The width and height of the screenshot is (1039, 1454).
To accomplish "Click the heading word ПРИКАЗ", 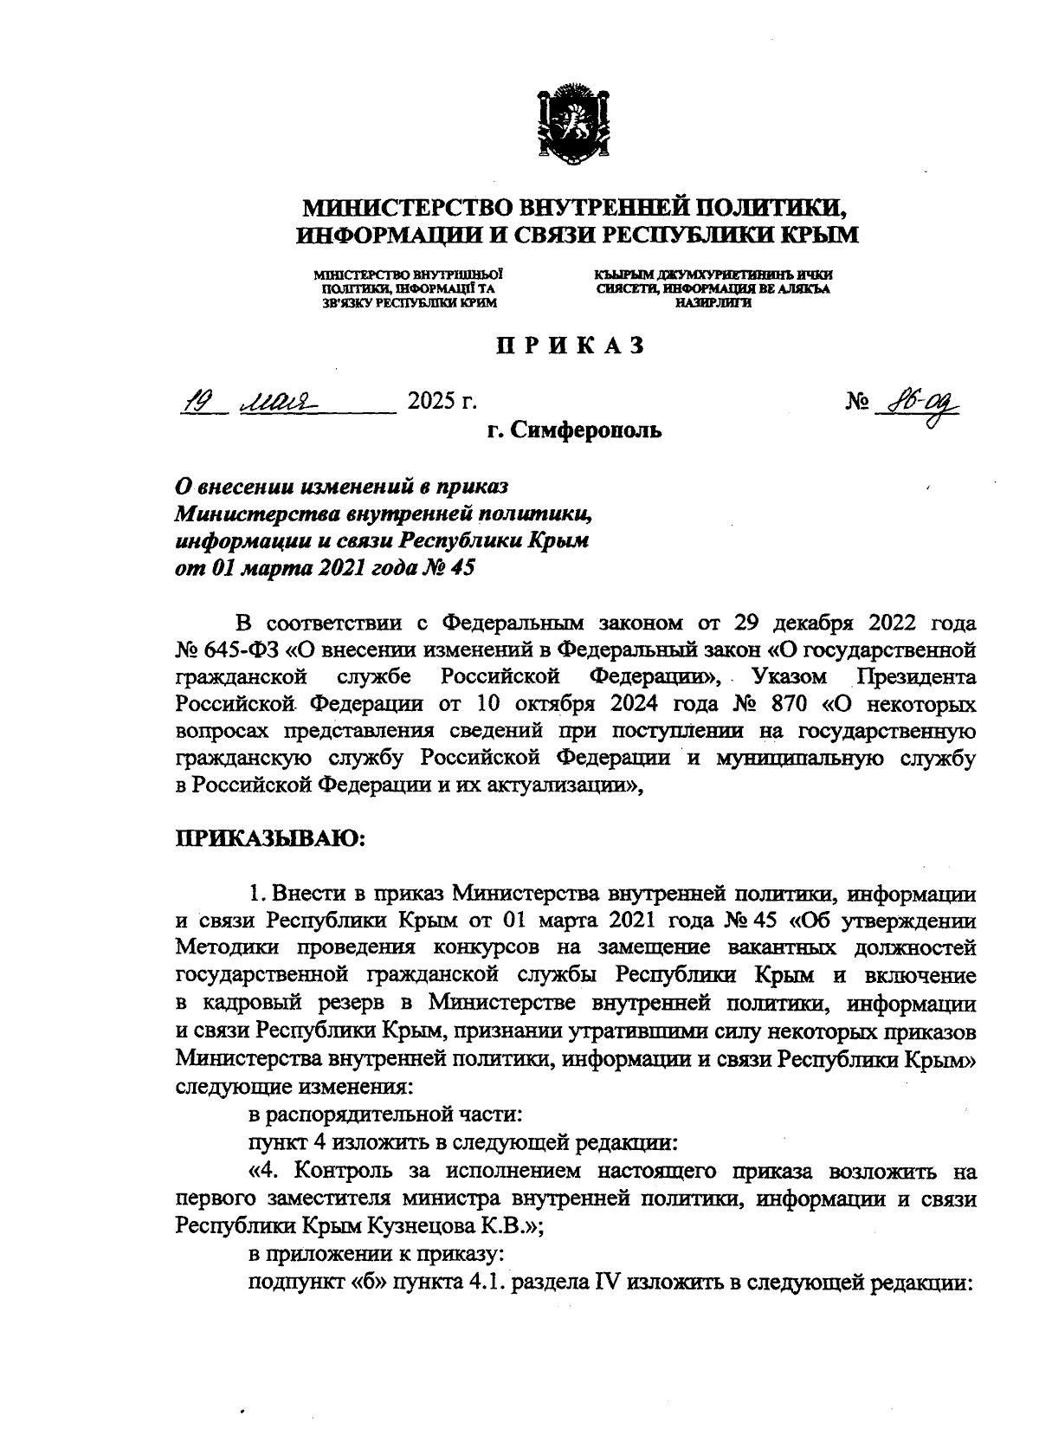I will [570, 346].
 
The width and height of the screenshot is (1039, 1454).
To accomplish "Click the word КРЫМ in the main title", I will [818, 235].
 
